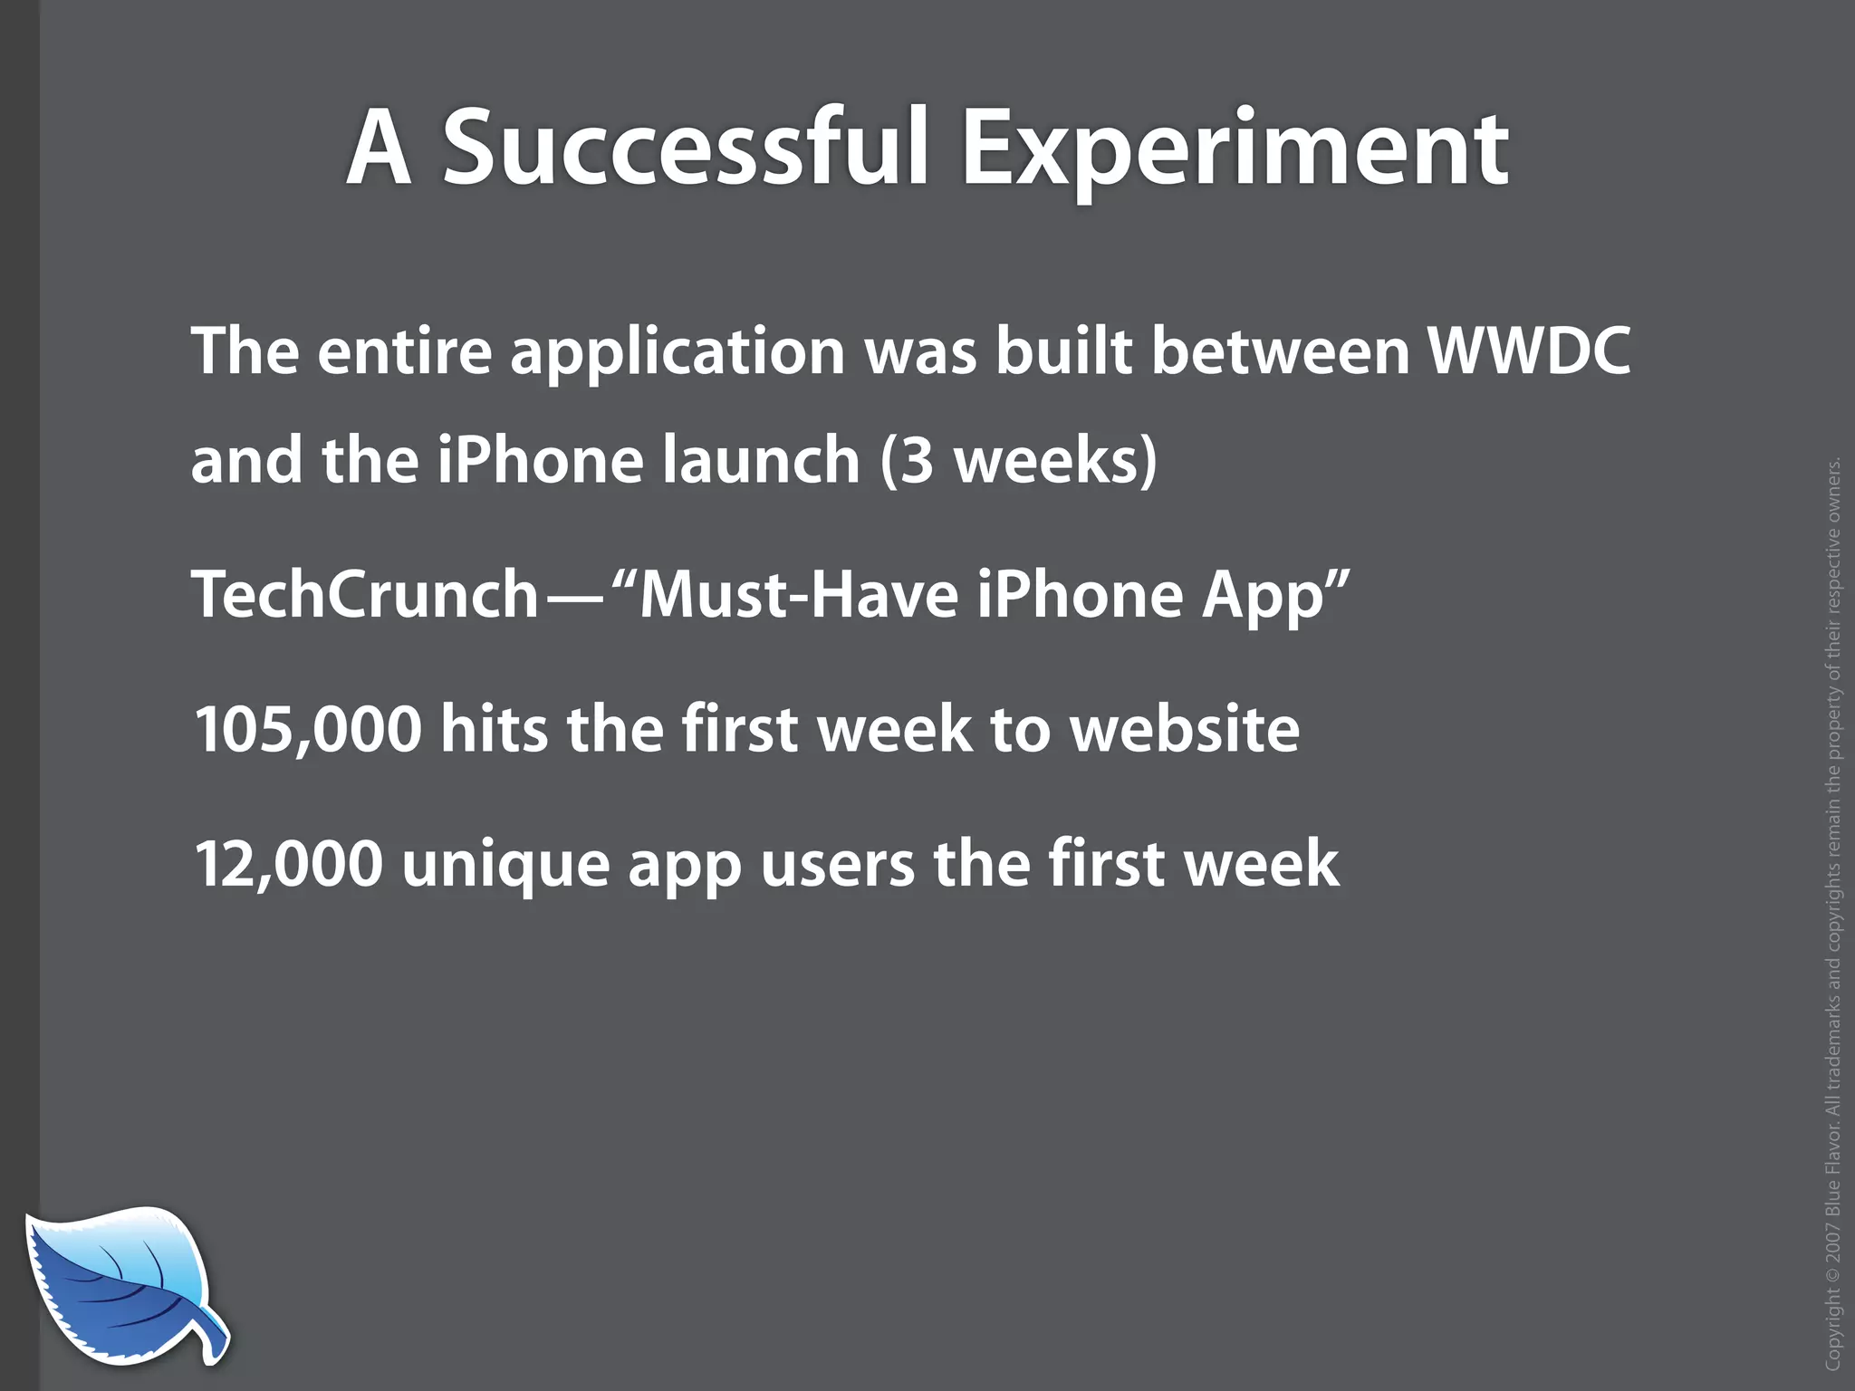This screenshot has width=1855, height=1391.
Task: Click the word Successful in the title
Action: pos(685,148)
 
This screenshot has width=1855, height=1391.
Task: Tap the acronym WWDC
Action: pos(1530,350)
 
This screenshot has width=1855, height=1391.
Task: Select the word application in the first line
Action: pos(678,353)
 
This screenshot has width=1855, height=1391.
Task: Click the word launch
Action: pos(760,460)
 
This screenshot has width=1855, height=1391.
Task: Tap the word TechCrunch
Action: pos(366,595)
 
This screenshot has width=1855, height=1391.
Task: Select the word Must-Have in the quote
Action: pos(799,595)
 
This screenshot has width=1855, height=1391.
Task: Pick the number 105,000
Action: pos(308,730)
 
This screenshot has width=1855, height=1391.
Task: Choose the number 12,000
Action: pos(288,864)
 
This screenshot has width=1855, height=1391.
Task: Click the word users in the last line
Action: pos(837,866)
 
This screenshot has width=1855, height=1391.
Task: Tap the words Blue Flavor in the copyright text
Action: pos(1834,1174)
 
